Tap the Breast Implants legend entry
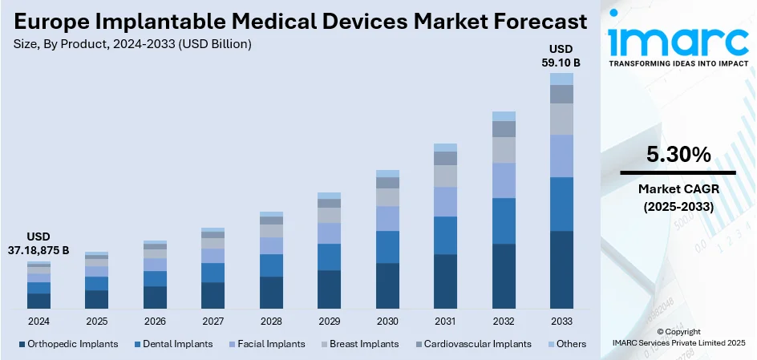[362, 344]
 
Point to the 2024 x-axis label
[38, 322]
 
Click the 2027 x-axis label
[213, 322]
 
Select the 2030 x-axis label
[387, 322]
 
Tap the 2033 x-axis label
[561, 322]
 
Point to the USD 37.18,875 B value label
[38, 244]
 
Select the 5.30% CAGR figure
[678, 155]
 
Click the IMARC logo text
[678, 40]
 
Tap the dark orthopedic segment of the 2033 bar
[561, 269]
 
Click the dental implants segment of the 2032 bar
[504, 220]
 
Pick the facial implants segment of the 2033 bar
[561, 156]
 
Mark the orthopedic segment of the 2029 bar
[329, 289]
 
